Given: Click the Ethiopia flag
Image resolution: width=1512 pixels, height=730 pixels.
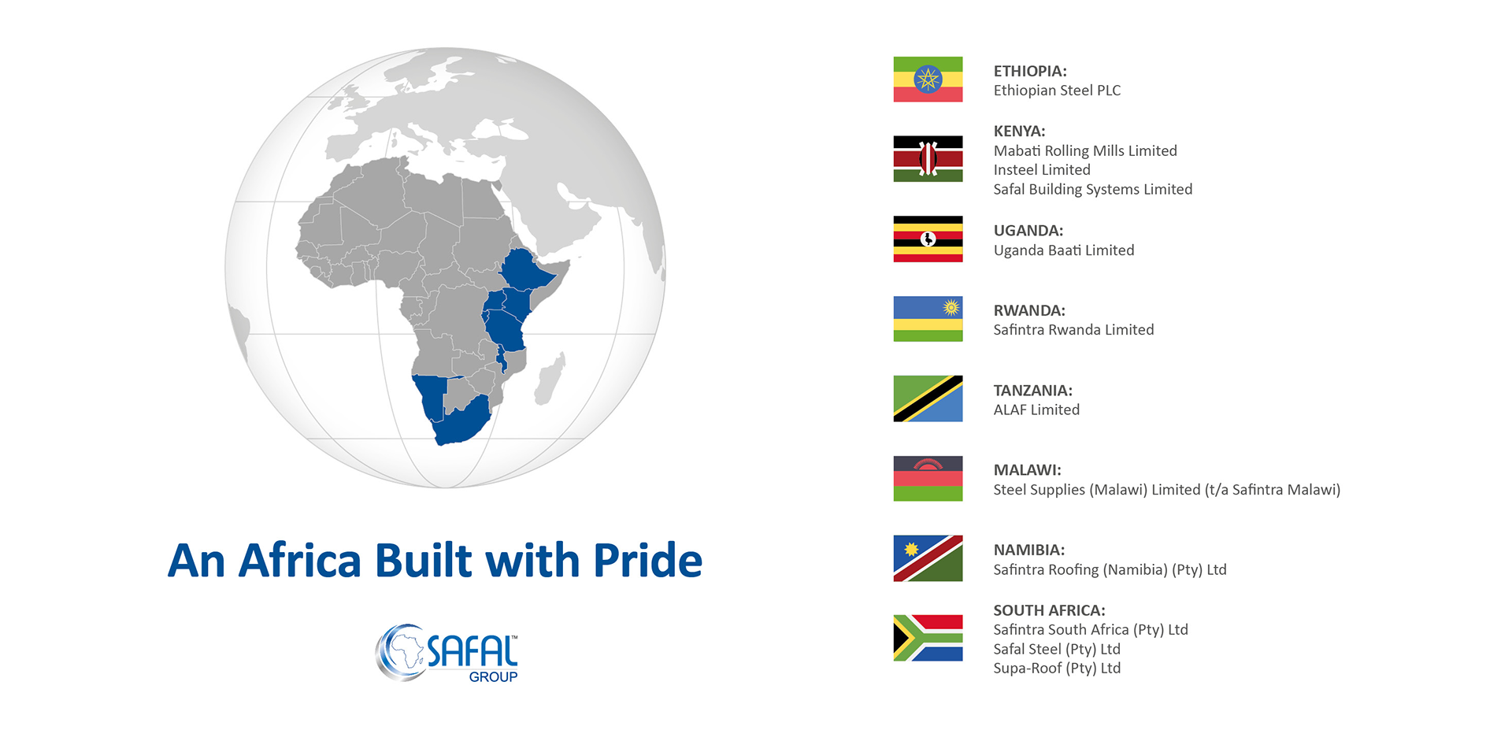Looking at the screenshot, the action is click(928, 80).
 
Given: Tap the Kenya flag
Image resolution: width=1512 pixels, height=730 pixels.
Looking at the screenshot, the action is click(928, 159).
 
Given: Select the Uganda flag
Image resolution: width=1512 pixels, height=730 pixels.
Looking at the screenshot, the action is click(928, 239).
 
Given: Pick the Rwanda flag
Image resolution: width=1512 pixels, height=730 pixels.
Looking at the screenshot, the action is click(928, 319).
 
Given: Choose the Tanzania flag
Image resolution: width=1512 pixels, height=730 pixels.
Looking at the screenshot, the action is click(928, 398).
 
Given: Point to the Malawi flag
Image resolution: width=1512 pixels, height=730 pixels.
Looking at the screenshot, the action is click(928, 478).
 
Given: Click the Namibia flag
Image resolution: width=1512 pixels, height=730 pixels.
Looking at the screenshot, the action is click(928, 558).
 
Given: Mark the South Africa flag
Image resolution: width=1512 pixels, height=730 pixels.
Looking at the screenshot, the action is click(928, 638).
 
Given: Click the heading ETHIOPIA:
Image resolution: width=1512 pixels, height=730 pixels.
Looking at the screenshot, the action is click(1030, 71).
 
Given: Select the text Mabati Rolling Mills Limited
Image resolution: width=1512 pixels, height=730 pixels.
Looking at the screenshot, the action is click(1085, 150).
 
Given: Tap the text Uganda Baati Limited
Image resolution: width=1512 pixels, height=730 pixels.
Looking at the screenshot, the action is click(1064, 250).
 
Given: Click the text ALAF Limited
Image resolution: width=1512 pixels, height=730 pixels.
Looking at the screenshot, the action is click(1036, 409).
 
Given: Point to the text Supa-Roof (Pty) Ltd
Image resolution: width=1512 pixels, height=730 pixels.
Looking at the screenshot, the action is click(1057, 669).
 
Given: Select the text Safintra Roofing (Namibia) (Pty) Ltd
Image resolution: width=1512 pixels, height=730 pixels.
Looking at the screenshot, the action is click(1110, 569).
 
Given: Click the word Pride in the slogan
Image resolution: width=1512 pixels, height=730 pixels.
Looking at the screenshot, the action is click(647, 561).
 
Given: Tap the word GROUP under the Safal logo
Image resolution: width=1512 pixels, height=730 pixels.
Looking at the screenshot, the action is click(493, 676).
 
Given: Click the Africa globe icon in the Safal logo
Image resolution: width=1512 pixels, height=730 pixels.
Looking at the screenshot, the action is click(402, 652).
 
